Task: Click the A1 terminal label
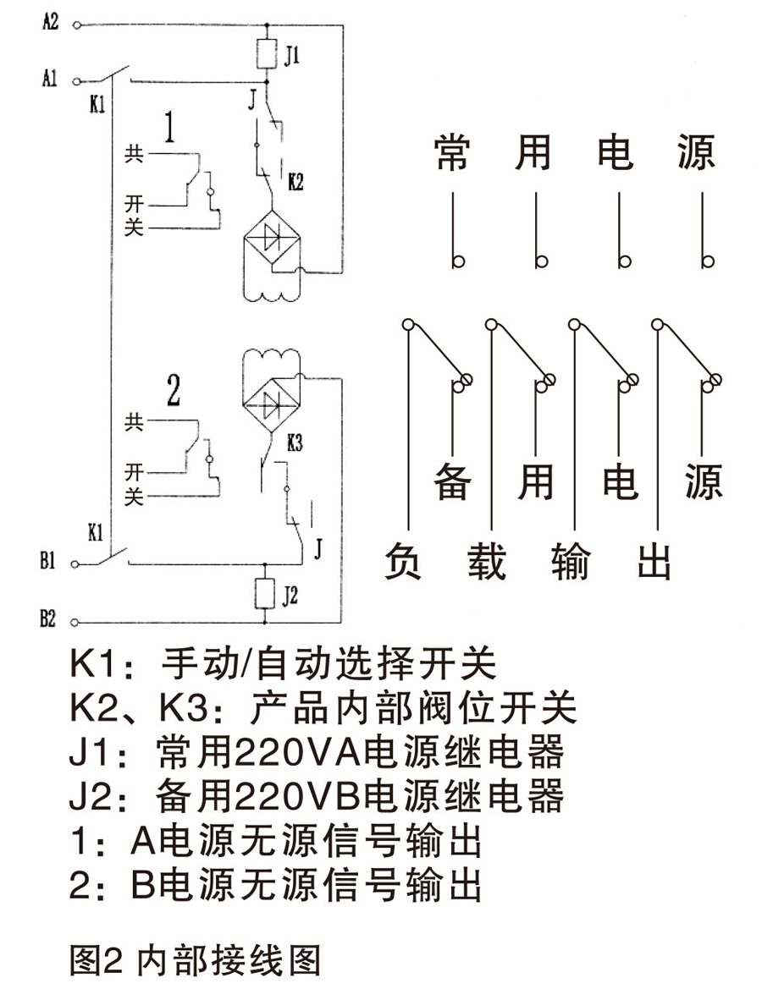[x=50, y=80]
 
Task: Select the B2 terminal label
[x=50, y=620]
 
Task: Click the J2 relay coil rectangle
[x=266, y=595]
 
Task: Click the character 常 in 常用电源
[x=452, y=152]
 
